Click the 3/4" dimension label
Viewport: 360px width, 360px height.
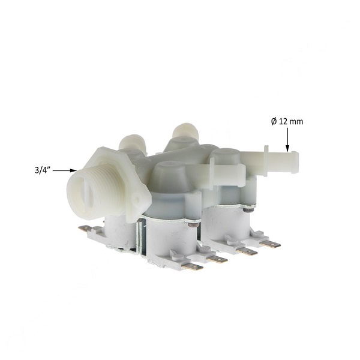[x=43, y=170]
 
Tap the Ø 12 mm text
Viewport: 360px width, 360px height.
[x=287, y=121]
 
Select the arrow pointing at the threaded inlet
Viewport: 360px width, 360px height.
[x=65, y=170]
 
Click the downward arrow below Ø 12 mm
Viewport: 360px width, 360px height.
[x=287, y=140]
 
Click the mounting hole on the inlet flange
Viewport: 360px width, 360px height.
[x=137, y=199]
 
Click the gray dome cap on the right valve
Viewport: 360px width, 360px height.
[x=226, y=161]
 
